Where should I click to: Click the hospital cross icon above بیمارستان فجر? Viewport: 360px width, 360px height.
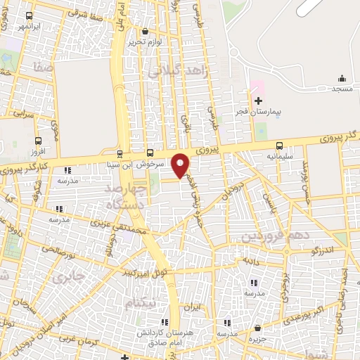click(258, 101)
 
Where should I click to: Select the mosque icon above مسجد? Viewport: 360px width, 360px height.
click(342, 78)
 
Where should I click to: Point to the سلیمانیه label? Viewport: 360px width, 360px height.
click(280, 157)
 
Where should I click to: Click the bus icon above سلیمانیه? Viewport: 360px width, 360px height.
click(280, 146)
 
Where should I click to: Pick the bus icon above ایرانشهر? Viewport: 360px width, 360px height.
click(30, 15)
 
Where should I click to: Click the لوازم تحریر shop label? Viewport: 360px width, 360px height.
click(145, 41)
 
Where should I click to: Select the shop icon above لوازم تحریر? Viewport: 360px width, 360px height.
click(145, 31)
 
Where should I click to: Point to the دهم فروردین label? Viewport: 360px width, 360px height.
click(275, 236)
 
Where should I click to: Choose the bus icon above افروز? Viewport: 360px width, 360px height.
click(38, 139)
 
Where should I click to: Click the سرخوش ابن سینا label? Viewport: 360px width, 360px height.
click(145, 163)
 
